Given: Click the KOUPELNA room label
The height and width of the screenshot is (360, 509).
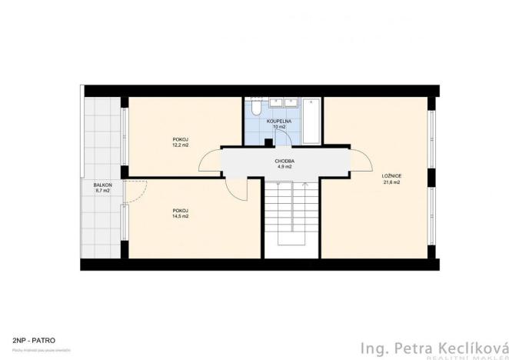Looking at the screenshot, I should tap(278, 121).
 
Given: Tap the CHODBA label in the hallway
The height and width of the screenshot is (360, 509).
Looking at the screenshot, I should tap(284, 161).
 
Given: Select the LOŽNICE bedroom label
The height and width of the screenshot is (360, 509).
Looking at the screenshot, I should tap(391, 176).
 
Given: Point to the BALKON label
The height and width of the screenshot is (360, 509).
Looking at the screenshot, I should tap(103, 185).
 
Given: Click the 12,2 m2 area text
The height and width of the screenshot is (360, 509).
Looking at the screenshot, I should tap(181, 145).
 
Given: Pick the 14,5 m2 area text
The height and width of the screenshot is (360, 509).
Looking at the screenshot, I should tap(181, 216).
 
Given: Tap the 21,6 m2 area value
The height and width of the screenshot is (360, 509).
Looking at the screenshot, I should tap(391, 182).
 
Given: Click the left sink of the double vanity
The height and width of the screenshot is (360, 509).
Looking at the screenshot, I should tap(274, 104).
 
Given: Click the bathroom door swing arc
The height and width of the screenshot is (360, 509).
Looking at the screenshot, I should tap(282, 137).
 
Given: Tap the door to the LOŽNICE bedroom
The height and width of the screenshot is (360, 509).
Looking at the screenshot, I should tap(358, 160).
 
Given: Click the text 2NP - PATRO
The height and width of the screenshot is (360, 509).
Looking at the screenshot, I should tap(33, 338).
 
